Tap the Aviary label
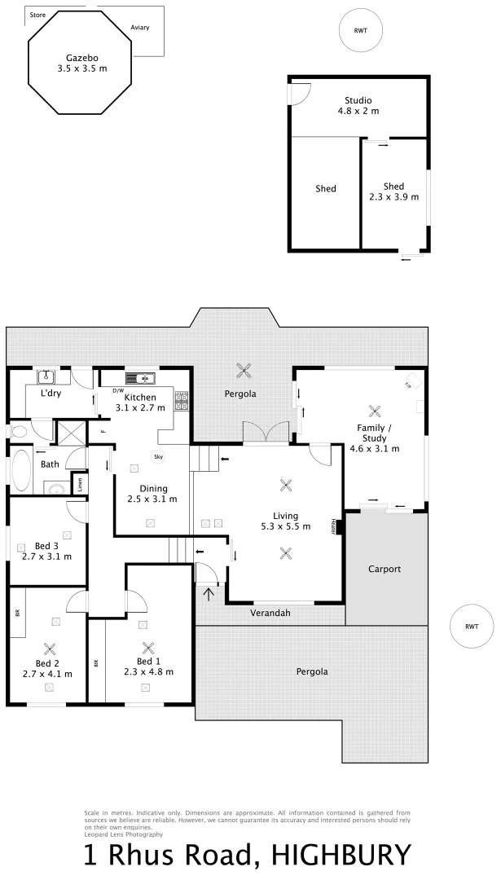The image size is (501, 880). (x=139, y=27)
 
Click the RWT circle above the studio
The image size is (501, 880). (x=360, y=30)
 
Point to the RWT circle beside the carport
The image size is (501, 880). (x=472, y=626)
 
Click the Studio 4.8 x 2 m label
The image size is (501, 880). (x=358, y=105)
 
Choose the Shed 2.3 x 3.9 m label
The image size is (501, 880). (x=393, y=191)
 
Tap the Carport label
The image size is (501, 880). (x=385, y=569)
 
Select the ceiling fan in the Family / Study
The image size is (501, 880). (x=375, y=411)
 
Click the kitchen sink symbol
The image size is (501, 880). (x=140, y=378)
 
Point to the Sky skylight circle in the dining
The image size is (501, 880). (x=158, y=457)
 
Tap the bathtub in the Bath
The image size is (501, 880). (x=20, y=470)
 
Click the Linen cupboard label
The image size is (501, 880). (x=80, y=483)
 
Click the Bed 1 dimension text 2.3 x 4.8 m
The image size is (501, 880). (x=149, y=671)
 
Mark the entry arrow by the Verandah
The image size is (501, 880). (x=209, y=593)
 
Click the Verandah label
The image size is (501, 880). (x=270, y=612)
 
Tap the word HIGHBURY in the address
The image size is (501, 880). (x=341, y=857)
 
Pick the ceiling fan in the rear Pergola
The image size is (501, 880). (x=243, y=371)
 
